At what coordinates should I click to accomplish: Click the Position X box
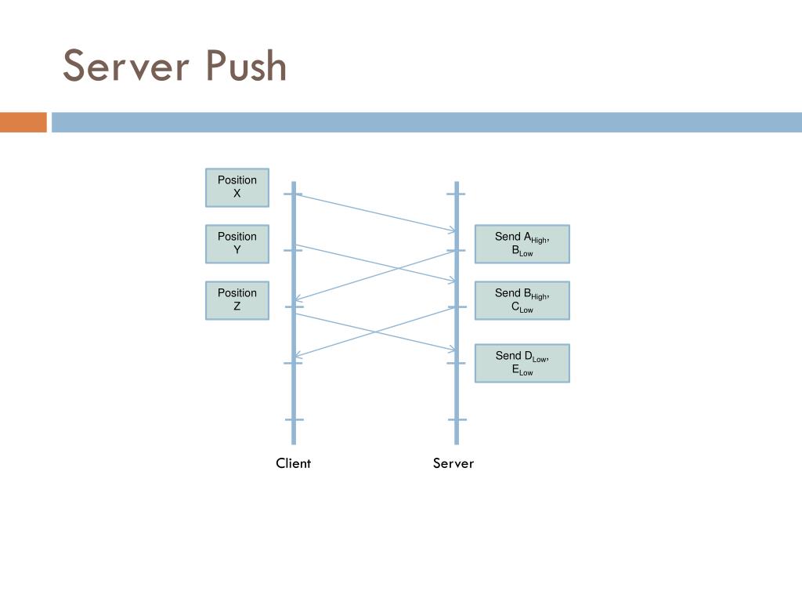tap(237, 187)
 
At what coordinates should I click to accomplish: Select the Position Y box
tap(237, 244)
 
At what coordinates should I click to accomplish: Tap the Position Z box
tap(237, 300)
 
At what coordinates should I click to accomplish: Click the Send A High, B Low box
tap(522, 244)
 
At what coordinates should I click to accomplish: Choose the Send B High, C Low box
tap(522, 300)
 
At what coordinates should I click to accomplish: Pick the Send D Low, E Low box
tap(522, 363)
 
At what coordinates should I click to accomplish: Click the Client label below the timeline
tap(293, 463)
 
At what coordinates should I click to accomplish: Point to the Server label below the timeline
tap(453, 463)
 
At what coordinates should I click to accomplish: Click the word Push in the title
tap(246, 66)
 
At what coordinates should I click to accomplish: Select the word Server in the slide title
tap(126, 66)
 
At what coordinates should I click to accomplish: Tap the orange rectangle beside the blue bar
tap(23, 122)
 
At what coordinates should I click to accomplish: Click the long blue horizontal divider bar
tap(427, 122)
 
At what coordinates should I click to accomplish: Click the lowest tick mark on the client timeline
tap(294, 420)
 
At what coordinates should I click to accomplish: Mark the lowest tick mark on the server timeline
tap(457, 420)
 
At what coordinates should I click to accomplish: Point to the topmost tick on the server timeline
tap(457, 194)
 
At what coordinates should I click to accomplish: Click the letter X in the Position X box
tap(237, 194)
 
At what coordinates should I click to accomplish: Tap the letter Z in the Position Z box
tap(237, 306)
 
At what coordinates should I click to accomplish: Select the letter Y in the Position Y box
tap(237, 250)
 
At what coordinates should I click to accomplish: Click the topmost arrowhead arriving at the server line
tap(452, 230)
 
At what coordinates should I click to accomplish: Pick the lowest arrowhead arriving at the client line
tap(298, 355)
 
